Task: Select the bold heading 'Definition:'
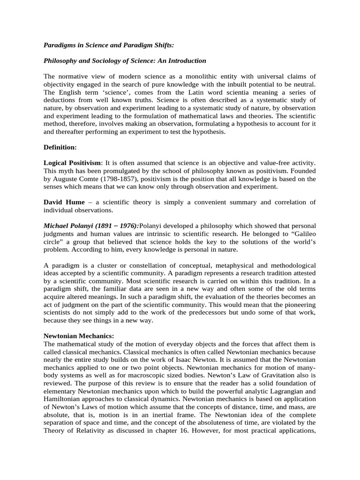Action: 60,147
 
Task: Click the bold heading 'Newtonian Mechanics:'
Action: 79,336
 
